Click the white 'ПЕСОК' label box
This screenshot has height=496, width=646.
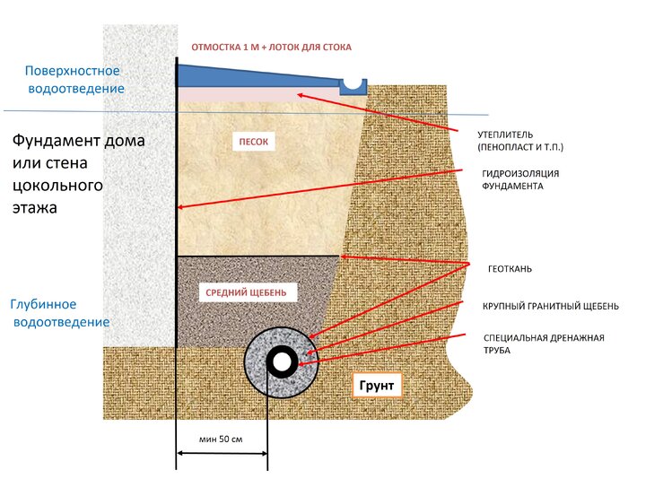point(253,142)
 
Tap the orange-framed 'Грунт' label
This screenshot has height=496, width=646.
point(377,385)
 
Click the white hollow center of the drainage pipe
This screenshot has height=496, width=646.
point(283,362)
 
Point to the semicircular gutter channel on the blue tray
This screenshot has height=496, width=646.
point(354,83)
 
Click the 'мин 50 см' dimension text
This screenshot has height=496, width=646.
point(221,439)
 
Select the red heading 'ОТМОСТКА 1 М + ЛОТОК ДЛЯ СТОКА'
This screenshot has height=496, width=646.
point(272,48)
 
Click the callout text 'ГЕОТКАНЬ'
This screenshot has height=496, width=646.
point(510,269)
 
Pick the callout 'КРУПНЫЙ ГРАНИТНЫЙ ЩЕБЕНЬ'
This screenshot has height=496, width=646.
point(551,307)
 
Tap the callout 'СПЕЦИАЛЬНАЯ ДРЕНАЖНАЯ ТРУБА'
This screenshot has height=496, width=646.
point(544,344)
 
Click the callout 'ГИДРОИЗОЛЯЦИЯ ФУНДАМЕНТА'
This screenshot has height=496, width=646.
point(520,179)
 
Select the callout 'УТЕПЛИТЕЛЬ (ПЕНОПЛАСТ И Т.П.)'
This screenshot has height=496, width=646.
point(520,141)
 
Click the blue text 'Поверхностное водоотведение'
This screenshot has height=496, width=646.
point(74,80)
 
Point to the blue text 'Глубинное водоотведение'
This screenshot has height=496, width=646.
point(60,313)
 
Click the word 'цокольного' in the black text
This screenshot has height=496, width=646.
point(57,186)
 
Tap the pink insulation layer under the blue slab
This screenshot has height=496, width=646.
point(258,94)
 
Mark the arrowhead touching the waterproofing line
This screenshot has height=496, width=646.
point(180,207)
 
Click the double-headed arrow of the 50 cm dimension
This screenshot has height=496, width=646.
point(223,454)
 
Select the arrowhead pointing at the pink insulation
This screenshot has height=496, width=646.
point(301,96)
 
